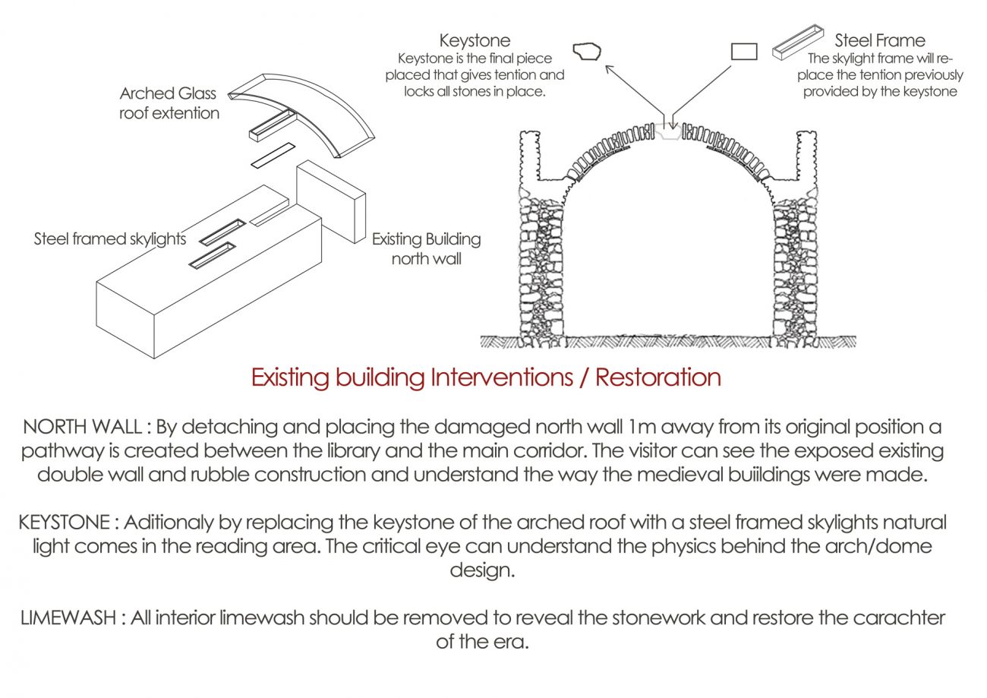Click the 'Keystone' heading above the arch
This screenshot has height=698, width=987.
pos(475,41)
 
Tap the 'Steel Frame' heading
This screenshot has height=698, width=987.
pos(880,41)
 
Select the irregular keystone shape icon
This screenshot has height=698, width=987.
pos(586,52)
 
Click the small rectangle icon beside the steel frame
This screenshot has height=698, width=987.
pos(744,51)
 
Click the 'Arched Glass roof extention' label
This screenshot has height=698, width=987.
pos(169,103)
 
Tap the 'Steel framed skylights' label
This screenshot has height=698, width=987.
pos(110,239)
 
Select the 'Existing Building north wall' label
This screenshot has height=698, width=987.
pos(426,248)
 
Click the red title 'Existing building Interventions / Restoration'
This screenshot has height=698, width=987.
pos(486,377)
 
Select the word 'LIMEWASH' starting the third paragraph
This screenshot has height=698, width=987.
pos(68,617)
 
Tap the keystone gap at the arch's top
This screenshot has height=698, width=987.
pos(668,131)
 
